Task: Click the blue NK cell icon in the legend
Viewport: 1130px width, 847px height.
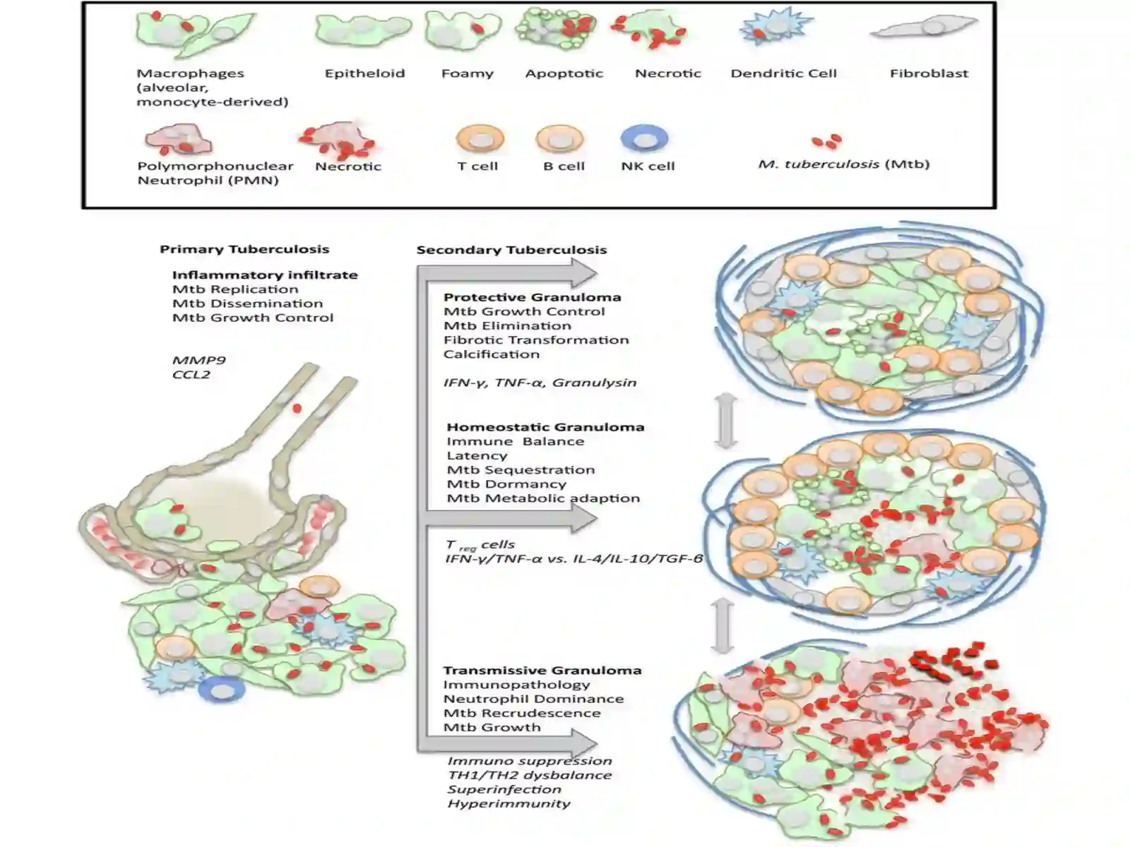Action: coord(644,139)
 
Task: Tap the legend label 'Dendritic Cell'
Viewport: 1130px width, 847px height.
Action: coord(783,73)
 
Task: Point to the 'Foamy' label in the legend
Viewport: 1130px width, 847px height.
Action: coord(468,74)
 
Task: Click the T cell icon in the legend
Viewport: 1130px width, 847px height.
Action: coord(480,139)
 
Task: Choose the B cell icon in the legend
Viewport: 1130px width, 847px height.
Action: coord(559,139)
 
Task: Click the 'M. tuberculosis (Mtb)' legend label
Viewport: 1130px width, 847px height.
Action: coord(844,164)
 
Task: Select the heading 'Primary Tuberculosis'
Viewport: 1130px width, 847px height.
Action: coord(244,249)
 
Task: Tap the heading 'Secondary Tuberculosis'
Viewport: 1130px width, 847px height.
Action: coord(512,251)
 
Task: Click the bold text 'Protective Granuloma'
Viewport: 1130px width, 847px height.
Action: coord(533,297)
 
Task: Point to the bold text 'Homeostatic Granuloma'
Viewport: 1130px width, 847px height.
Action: coord(545,427)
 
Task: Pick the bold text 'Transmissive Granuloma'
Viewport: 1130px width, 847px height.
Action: coord(542,671)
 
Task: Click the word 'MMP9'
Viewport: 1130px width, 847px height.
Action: coord(198,360)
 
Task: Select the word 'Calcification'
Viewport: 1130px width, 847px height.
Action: coord(492,354)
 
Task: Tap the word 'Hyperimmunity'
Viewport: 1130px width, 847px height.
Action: coord(509,804)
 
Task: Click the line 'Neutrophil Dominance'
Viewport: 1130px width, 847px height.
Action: coord(533,699)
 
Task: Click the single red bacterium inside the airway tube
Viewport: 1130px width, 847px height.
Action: coord(297,409)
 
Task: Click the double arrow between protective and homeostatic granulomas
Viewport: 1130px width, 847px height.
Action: coord(726,420)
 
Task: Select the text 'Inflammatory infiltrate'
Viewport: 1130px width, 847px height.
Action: coord(265,275)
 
